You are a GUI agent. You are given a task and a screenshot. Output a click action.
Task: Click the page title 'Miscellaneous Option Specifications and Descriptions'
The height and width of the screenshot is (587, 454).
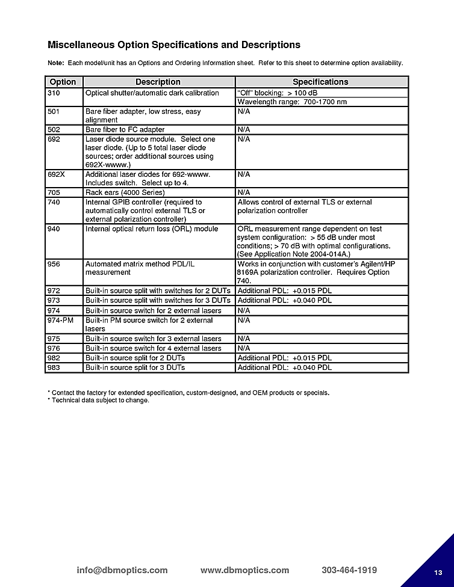(173, 45)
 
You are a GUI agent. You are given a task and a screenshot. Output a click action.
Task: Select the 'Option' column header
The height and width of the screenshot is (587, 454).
(63, 82)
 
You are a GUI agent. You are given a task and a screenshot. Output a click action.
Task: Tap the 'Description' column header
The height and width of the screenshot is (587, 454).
(158, 82)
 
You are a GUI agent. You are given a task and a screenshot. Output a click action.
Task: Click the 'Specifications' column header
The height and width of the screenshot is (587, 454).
(320, 82)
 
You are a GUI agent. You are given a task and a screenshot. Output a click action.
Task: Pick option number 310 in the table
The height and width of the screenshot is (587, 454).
(54, 93)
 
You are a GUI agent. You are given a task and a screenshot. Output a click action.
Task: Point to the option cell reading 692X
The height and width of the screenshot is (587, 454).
(56, 174)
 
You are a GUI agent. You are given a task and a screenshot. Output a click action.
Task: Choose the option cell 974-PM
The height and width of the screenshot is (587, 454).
(60, 321)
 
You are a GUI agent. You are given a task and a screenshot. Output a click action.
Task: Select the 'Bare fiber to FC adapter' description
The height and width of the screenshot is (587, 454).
(125, 129)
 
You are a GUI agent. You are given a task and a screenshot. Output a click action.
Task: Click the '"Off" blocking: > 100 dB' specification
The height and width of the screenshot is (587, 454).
(277, 93)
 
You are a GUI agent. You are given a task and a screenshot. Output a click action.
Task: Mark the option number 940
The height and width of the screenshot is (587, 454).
(54, 229)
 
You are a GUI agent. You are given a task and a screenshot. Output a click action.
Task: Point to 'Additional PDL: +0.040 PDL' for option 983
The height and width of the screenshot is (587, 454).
(284, 367)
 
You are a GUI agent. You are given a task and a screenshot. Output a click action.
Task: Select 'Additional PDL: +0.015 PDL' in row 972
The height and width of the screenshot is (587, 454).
(284, 291)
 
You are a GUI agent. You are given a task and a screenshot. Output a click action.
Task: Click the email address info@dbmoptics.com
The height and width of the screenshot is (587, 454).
(122, 570)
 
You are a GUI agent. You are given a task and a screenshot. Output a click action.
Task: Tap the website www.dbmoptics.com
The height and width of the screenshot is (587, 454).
(244, 570)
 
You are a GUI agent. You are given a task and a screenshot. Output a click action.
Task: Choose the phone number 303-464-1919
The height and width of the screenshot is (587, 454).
(349, 570)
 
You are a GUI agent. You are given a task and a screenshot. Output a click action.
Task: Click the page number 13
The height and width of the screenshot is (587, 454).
(438, 571)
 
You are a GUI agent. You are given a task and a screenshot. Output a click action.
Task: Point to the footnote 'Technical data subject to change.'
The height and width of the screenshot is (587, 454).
(100, 401)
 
